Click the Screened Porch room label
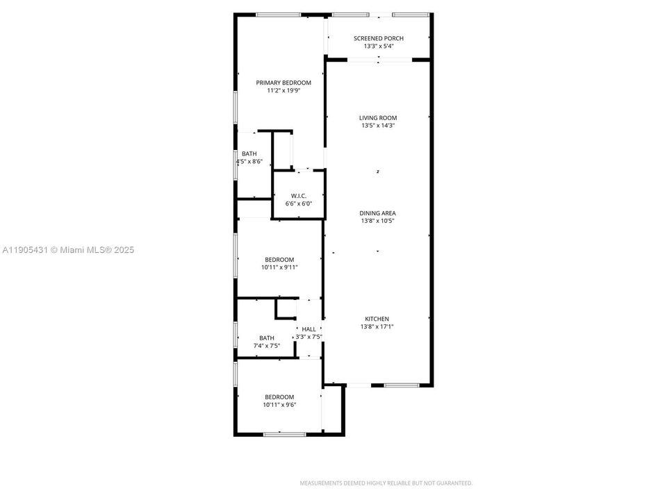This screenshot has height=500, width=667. pos(378,39)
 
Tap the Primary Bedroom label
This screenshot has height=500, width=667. pos(283,83)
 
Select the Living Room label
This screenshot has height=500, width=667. pos(378,118)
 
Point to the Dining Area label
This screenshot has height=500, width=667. pos(378,214)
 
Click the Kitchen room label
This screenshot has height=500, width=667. pos(378,319)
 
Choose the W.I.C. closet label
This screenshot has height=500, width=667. pos(299,196)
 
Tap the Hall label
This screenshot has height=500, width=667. pos(308,329)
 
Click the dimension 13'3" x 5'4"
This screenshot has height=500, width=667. pos(378,47)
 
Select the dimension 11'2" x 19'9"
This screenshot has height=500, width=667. pos(283,90)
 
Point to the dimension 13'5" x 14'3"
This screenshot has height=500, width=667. pos(378,126)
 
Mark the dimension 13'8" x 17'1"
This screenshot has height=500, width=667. pos(378,326)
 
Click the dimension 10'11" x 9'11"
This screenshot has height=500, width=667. pos(279,267)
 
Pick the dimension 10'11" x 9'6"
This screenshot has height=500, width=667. pos(279,405)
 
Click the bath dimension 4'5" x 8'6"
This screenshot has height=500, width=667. pos(249,162)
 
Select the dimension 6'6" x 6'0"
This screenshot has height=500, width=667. pos(299,203)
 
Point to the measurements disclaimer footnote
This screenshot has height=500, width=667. pos(386,483)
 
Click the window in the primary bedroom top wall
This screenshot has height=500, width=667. pos(278,15)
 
